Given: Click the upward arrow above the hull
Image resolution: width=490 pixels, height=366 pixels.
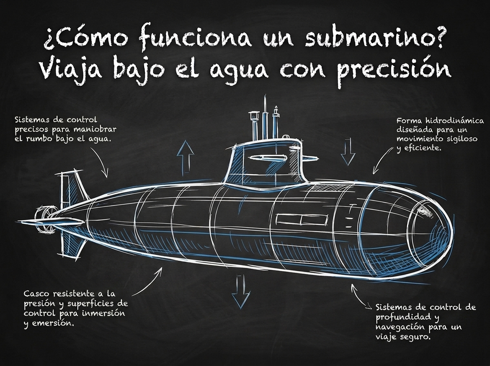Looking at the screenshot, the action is coord(185,156).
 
